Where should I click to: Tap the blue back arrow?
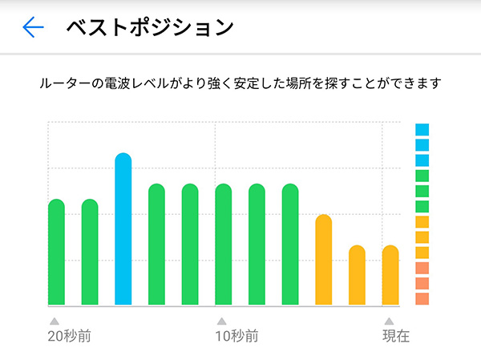click(33, 28)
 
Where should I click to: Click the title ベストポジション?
click(149, 28)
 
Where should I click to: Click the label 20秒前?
click(69, 336)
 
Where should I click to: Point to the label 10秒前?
click(236, 336)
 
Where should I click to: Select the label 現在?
click(395, 336)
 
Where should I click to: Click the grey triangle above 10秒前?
click(221, 321)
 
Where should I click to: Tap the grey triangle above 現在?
click(389, 321)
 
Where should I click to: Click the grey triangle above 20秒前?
click(55, 321)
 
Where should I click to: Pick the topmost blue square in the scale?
click(422, 129)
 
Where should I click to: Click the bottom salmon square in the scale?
click(422, 298)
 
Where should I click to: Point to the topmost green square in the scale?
click(422, 176)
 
